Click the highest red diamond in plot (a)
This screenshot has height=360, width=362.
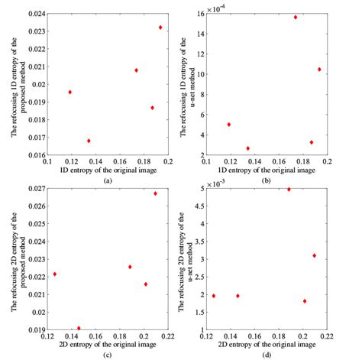click(x=160, y=28)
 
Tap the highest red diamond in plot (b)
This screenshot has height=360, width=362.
click(x=296, y=17)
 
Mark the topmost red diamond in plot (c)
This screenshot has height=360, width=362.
click(x=155, y=193)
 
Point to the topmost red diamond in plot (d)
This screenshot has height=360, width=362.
click(x=289, y=189)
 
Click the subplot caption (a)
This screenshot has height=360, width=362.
click(x=108, y=179)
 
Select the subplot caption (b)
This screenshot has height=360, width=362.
click(x=267, y=179)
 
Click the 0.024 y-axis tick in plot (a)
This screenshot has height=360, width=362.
click(x=36, y=11)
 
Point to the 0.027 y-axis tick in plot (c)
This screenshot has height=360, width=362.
click(x=36, y=188)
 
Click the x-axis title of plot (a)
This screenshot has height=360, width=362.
click(x=108, y=170)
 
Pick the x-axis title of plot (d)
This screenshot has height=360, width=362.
click(x=267, y=345)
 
